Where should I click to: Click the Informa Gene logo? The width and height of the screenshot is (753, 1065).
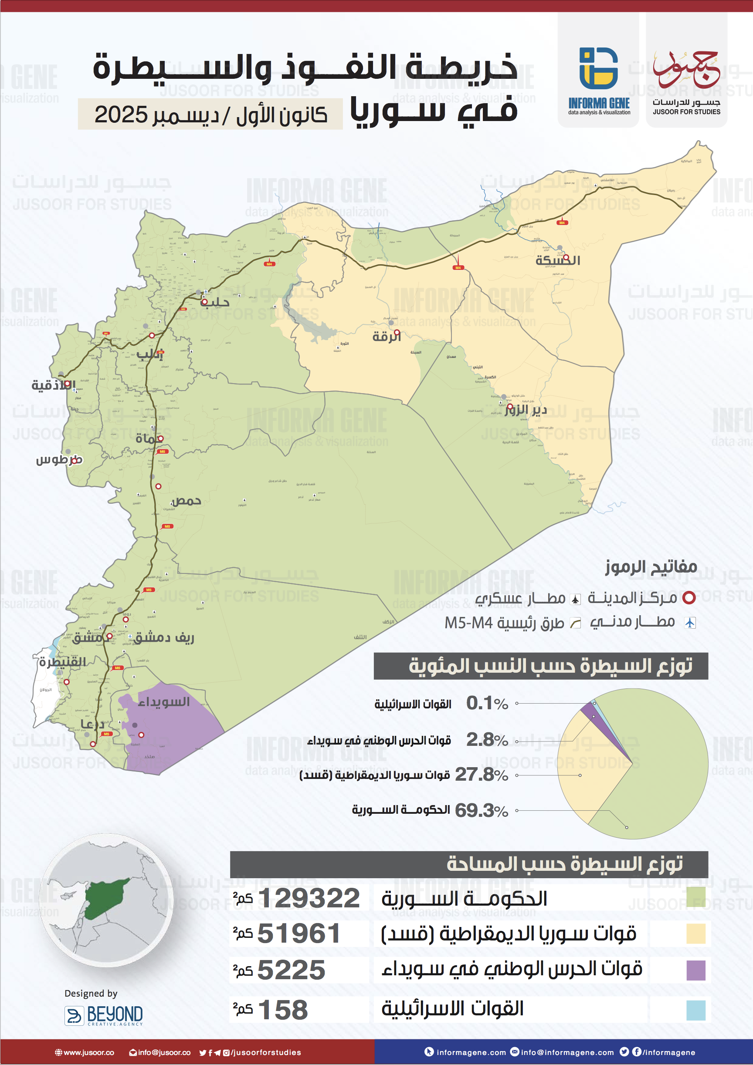[x=598, y=81]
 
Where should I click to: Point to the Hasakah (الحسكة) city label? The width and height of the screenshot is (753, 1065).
[x=557, y=260]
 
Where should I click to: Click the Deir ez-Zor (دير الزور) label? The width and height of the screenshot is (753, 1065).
[x=526, y=410]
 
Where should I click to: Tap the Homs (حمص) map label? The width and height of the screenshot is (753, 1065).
[x=186, y=500]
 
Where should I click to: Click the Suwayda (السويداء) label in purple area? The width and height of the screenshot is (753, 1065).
[x=164, y=702]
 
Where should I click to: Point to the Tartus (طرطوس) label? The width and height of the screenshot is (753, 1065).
[x=59, y=460]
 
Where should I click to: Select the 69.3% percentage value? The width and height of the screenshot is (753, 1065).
[x=481, y=810]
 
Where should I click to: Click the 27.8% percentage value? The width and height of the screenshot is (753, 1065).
[x=481, y=774]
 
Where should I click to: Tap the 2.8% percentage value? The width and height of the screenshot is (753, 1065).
[x=486, y=739]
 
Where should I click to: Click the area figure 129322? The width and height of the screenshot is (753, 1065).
[x=309, y=899]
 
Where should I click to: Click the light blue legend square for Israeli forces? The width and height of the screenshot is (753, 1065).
[x=695, y=1010]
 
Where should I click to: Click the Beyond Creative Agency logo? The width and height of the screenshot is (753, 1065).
[x=103, y=1014]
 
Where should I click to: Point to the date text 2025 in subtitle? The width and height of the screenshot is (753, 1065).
[x=121, y=115]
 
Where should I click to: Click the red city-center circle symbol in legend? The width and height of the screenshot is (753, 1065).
[x=689, y=598]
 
